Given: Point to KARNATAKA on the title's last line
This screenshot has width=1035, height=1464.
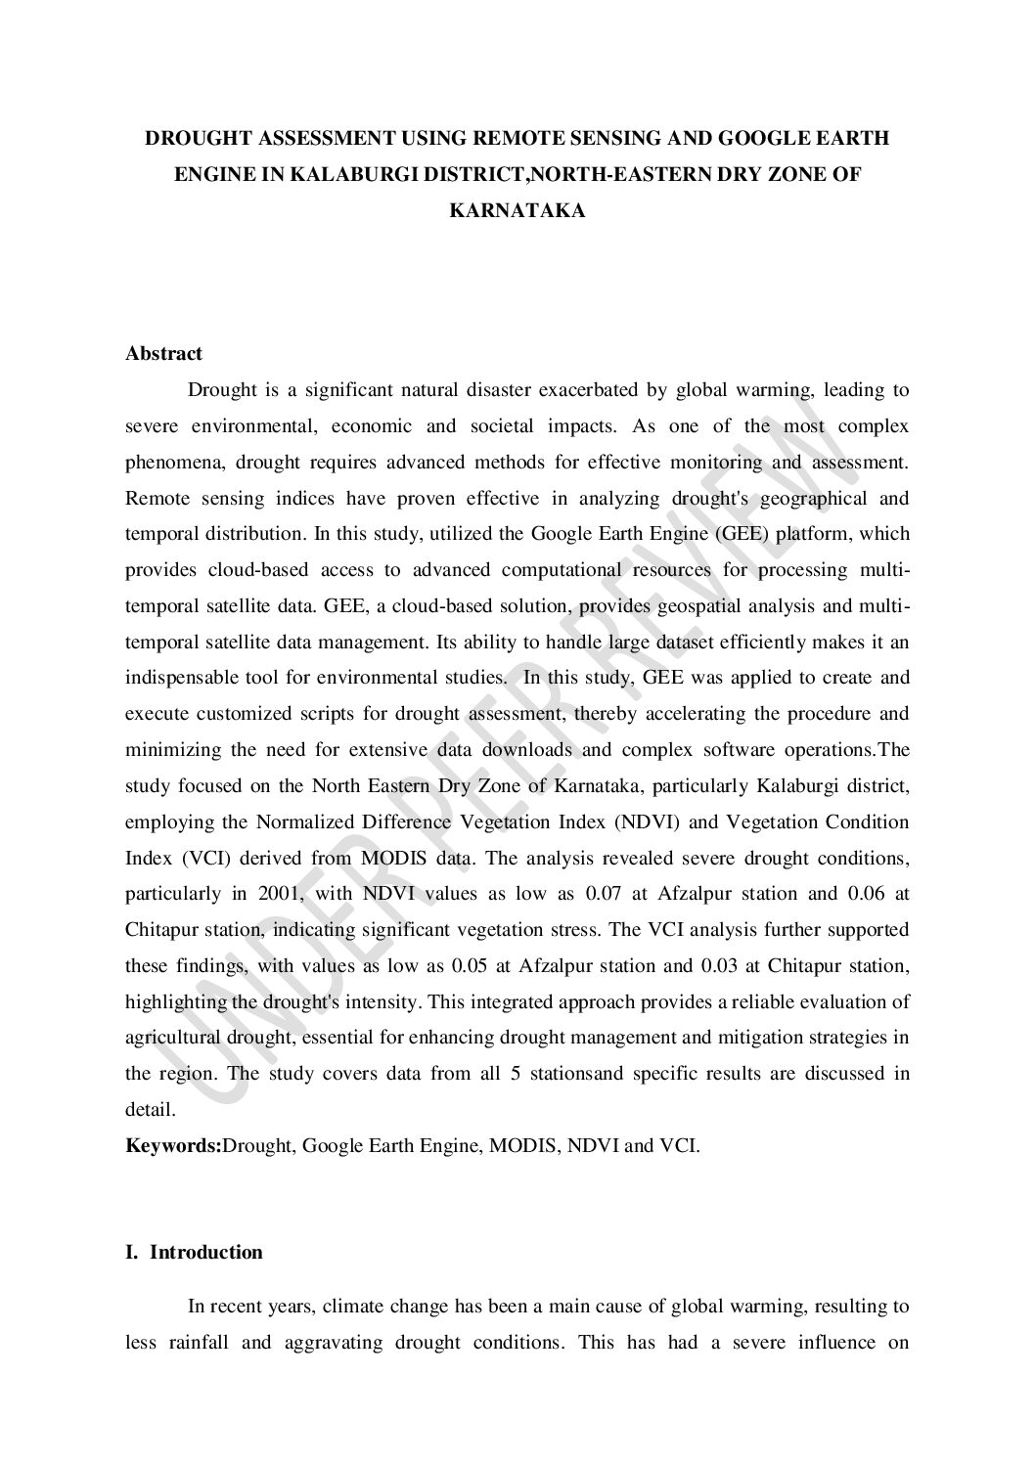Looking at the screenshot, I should (517, 209).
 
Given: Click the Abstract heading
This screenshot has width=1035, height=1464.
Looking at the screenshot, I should (163, 354).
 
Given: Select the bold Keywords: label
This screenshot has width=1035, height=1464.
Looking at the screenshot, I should (173, 1145).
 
